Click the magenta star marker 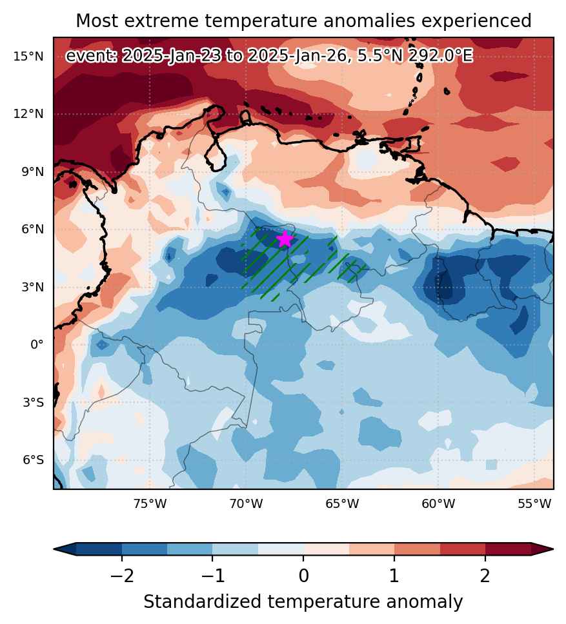click(x=285, y=239)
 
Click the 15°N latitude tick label click(x=28, y=57)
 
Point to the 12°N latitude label click(x=28, y=114)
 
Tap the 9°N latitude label click(x=33, y=172)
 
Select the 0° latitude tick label click(x=37, y=345)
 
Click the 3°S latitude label click(x=33, y=402)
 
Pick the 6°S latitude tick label click(x=33, y=460)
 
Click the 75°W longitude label click(x=150, y=504)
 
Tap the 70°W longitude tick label click(x=246, y=504)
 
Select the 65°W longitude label click(x=342, y=504)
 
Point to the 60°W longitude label click(x=438, y=504)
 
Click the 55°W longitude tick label click(x=534, y=504)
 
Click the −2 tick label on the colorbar click(x=122, y=576)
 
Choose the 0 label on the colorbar click(x=303, y=576)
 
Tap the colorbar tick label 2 click(x=485, y=576)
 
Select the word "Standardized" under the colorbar click(x=203, y=602)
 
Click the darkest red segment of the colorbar click(x=509, y=549)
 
